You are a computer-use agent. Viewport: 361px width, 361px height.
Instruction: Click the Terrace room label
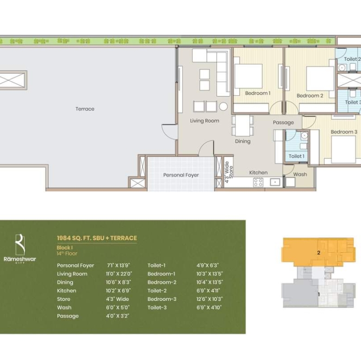pos(85,109)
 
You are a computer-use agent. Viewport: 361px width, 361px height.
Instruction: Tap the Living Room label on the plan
pos(205,121)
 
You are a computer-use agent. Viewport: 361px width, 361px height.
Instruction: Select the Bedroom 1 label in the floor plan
pos(258,93)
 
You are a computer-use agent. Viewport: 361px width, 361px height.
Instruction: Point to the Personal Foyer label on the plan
pos(181,175)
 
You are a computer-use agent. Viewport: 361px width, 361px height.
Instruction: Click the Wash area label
pos(300,174)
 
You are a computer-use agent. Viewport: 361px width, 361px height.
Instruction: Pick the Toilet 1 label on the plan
pos(297,156)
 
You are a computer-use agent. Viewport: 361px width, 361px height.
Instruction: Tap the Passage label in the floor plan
pos(283,123)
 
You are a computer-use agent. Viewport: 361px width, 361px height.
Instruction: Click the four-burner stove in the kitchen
pos(258,182)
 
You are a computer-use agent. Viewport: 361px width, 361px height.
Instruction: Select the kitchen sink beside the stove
pos(275,182)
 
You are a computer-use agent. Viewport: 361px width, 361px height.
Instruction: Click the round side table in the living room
pos(224,106)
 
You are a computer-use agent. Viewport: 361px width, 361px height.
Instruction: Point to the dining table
pos(243,125)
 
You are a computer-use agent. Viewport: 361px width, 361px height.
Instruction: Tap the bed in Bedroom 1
pos(248,76)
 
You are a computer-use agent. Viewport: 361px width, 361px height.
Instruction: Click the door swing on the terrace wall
pos(170,132)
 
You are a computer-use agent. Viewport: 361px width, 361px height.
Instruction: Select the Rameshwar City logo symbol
pos(20,244)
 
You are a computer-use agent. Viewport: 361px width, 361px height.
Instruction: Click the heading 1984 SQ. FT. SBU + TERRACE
pos(97,238)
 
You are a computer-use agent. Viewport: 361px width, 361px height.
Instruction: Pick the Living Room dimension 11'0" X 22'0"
pos(119,274)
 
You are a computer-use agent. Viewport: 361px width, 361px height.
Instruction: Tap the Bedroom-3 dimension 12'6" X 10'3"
pos(210,299)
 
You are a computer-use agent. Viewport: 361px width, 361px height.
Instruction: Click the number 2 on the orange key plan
pos(318,253)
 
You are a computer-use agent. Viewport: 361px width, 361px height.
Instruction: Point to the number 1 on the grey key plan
pos(319,294)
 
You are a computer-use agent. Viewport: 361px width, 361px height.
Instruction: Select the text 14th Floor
pos(67,254)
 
